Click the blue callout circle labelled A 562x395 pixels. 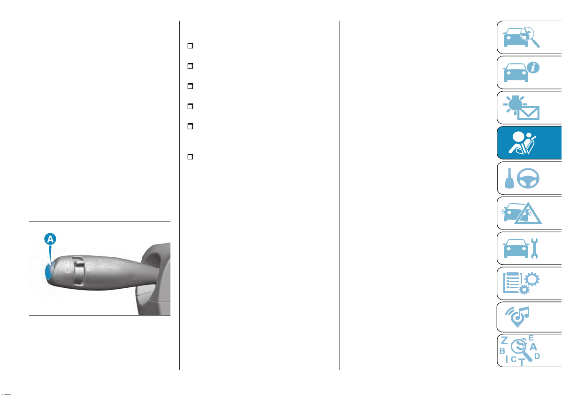tap(50, 239)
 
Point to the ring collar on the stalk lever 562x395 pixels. tap(79, 271)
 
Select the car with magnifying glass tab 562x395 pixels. tap(529, 37)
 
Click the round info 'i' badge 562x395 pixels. tap(533, 67)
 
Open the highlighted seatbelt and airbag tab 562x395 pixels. tap(529, 142)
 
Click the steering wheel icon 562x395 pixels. tap(528, 178)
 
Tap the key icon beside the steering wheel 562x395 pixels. tap(509, 179)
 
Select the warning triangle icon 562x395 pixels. tap(528, 213)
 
